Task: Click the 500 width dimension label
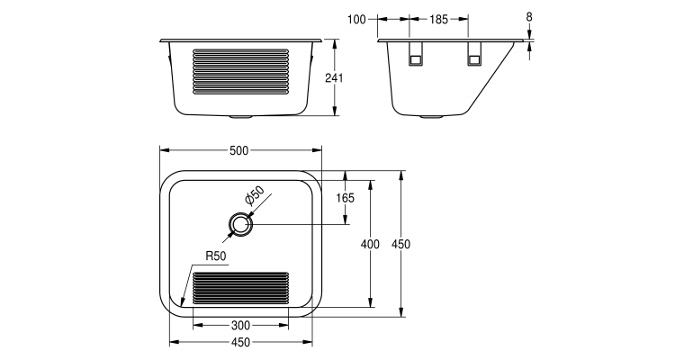point(238,150)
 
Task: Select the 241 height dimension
point(335,78)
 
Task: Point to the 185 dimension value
point(439,17)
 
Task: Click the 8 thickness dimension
point(529,17)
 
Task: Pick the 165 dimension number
point(346,198)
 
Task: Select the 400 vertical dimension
point(371,243)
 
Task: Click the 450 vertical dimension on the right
point(401,243)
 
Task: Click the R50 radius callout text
point(215,256)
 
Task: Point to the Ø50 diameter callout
point(254,195)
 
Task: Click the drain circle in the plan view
point(238,224)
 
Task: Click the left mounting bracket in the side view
point(416,55)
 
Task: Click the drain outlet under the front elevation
point(241,117)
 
